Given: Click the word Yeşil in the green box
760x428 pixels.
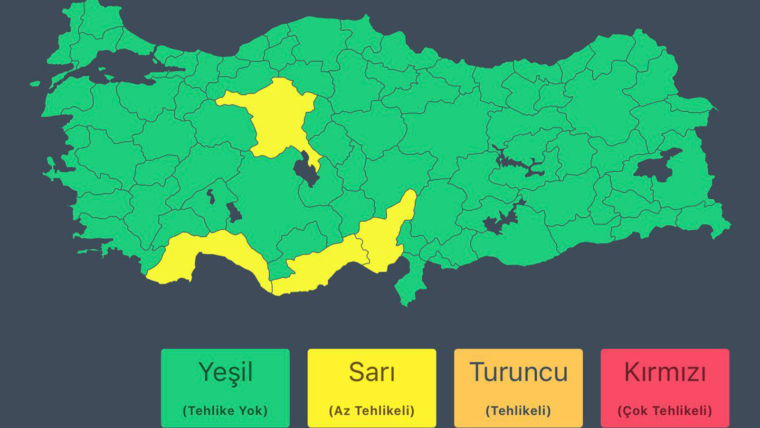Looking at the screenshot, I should [225, 372].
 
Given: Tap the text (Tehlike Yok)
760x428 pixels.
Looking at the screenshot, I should [225, 410].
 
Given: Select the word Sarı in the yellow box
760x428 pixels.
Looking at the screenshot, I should [371, 372].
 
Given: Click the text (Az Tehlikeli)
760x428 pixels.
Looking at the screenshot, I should [371, 410].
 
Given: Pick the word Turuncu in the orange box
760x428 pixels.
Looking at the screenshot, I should [518, 372].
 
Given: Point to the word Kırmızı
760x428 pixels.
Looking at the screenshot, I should [665, 372].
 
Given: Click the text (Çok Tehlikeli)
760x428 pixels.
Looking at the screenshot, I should [665, 410].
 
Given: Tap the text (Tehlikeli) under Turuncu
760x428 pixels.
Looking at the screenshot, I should [518, 410].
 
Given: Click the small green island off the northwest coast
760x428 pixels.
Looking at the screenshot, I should [35, 84].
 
